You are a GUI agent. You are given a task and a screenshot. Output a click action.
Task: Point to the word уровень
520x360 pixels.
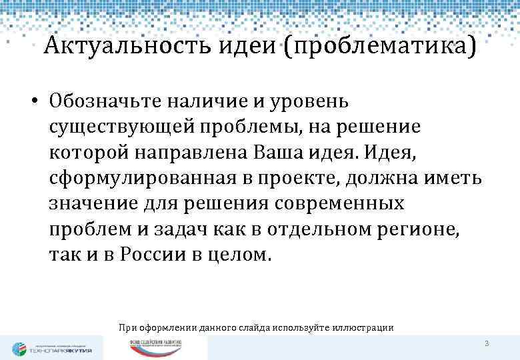point(311,102)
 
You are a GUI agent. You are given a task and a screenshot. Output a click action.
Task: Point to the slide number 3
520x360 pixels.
point(487,344)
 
